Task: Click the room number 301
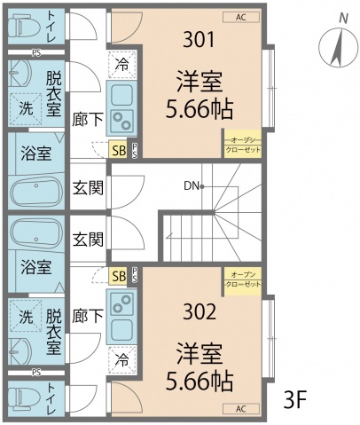[x=200, y=39]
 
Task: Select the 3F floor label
[x=295, y=398]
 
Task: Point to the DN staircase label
[x=191, y=186]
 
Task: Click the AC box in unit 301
[x=241, y=16]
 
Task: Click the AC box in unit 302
[x=241, y=409]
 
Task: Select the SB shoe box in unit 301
[x=118, y=149]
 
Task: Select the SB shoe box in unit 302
[x=118, y=277]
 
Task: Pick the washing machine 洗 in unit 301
[x=26, y=108]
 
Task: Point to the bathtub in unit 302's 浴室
[x=36, y=235]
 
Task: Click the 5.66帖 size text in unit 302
[x=200, y=382]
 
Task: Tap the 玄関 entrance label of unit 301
[x=88, y=187]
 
